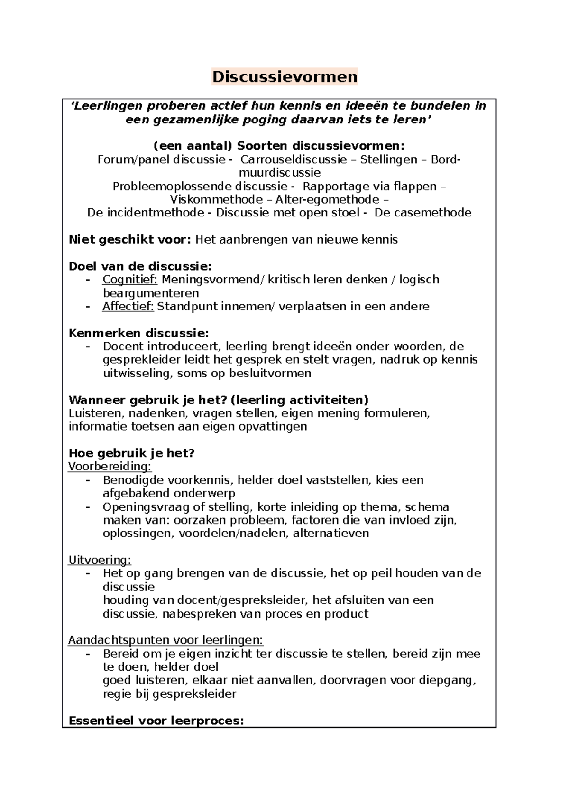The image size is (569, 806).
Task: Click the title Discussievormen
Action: point(284,77)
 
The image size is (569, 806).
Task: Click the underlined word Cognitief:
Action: point(130,280)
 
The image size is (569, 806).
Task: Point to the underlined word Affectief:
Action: point(128,307)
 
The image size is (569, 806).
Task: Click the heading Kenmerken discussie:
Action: point(138,333)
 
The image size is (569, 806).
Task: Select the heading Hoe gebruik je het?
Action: point(132,453)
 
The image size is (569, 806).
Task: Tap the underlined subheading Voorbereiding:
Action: point(110,467)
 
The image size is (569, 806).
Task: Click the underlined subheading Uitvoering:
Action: point(100,560)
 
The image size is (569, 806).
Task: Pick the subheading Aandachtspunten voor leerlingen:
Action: point(165,640)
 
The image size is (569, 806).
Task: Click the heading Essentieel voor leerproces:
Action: point(156,721)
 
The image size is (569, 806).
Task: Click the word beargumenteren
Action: point(151,293)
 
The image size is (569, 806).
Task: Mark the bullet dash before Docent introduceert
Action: point(88,347)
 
